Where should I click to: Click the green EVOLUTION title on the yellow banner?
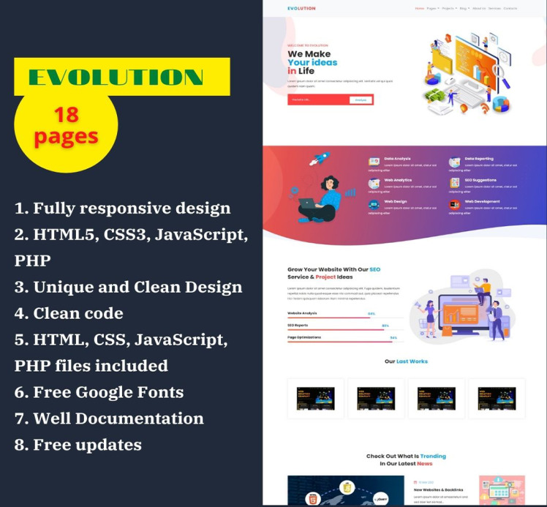coord(116,76)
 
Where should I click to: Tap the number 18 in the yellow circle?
coord(66,114)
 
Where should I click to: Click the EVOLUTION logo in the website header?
coord(301,9)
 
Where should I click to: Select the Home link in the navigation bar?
coord(419,9)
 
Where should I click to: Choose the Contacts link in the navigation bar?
coord(510,9)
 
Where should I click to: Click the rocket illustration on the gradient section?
coord(320,158)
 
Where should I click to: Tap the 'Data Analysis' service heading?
coord(398,159)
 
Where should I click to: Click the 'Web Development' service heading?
coord(482,201)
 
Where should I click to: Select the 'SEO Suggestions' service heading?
coord(480,180)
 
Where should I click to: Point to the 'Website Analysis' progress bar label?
coord(302,312)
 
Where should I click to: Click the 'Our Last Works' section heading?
coord(406,361)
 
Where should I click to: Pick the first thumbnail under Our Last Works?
coord(315,399)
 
